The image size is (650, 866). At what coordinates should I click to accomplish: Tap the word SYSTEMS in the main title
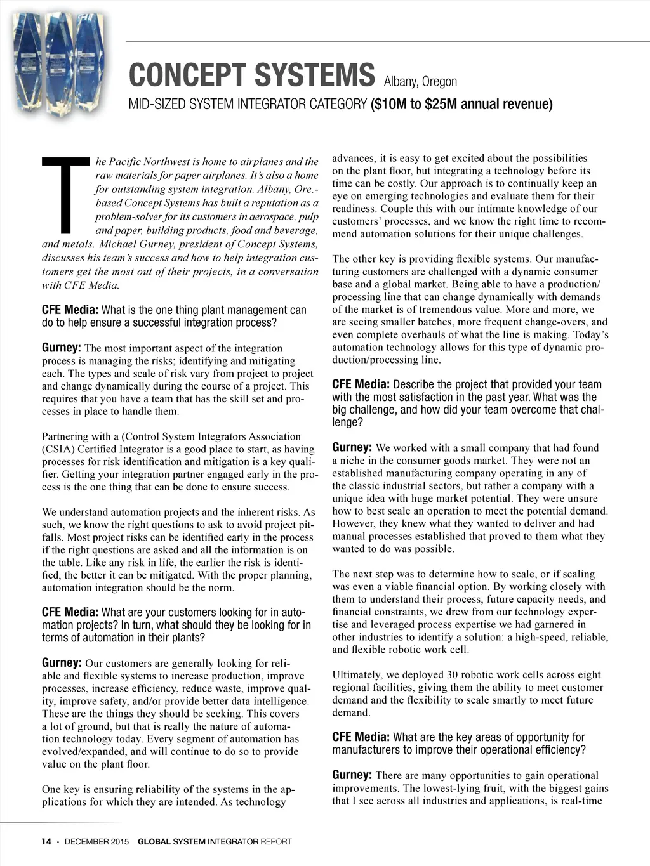(x=314, y=75)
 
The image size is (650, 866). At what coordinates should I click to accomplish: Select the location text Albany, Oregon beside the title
(x=420, y=81)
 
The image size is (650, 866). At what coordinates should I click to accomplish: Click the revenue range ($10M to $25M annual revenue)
(x=461, y=104)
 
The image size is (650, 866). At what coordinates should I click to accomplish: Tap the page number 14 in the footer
(x=46, y=842)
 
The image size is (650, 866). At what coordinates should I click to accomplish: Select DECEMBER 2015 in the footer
(x=96, y=842)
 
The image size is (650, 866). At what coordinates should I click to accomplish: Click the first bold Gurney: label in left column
(x=62, y=348)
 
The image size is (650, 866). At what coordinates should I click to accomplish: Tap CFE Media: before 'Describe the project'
(x=361, y=384)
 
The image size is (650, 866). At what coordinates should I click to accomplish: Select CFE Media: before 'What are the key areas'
(x=361, y=737)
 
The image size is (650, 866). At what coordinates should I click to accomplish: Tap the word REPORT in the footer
(x=276, y=842)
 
